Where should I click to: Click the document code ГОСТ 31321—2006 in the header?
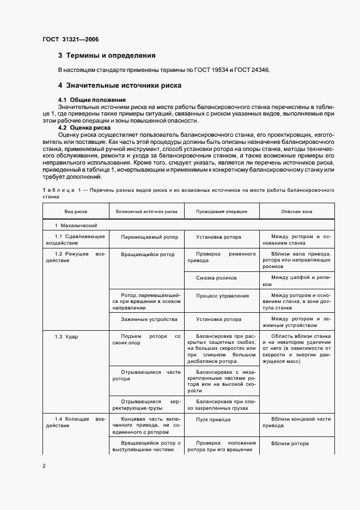tap(70, 39)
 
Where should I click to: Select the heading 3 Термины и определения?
tap(107, 56)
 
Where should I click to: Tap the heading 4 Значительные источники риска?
tap(120, 86)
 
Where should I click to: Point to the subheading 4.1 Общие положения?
tap(91, 100)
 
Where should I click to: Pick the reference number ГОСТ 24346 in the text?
tap(250, 70)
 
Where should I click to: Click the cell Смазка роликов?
tap(216, 277)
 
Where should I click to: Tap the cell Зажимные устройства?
tap(145, 319)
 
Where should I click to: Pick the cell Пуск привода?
tap(213, 420)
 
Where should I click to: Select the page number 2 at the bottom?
tap(44, 466)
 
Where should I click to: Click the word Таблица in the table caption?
tap(56, 191)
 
